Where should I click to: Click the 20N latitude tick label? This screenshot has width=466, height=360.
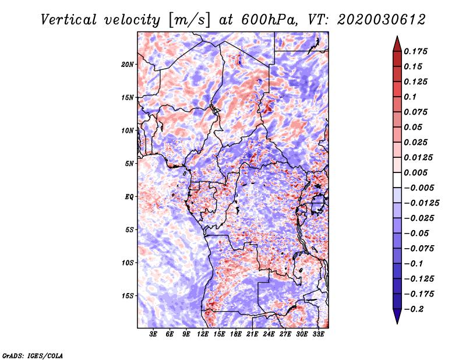(x=127, y=65)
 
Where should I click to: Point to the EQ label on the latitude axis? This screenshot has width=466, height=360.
(x=129, y=197)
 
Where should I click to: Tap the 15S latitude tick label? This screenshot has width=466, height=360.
(x=128, y=296)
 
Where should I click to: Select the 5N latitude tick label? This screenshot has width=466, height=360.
(x=129, y=164)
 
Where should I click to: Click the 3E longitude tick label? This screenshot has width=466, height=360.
(x=153, y=334)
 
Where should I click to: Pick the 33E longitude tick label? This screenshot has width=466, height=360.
(x=318, y=334)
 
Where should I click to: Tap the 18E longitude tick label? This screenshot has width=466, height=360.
(x=236, y=334)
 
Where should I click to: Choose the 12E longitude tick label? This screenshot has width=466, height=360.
(x=203, y=334)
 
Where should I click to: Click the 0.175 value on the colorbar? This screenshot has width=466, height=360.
(x=415, y=51)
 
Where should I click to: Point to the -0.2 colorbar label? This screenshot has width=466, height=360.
(x=414, y=309)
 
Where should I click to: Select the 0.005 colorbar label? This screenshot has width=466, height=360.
(x=415, y=172)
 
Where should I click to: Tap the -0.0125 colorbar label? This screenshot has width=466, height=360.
(x=421, y=203)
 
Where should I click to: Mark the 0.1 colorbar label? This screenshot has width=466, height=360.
(x=410, y=97)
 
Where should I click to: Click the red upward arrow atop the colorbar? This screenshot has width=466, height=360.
(x=397, y=44)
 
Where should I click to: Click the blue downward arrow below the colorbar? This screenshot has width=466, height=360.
(x=397, y=316)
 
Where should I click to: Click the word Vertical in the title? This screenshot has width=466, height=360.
(x=69, y=20)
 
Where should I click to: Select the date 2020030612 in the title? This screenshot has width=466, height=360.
(x=382, y=20)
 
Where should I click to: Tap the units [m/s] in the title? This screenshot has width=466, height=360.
(x=190, y=20)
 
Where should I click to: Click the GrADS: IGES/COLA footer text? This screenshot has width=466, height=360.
(x=33, y=356)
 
